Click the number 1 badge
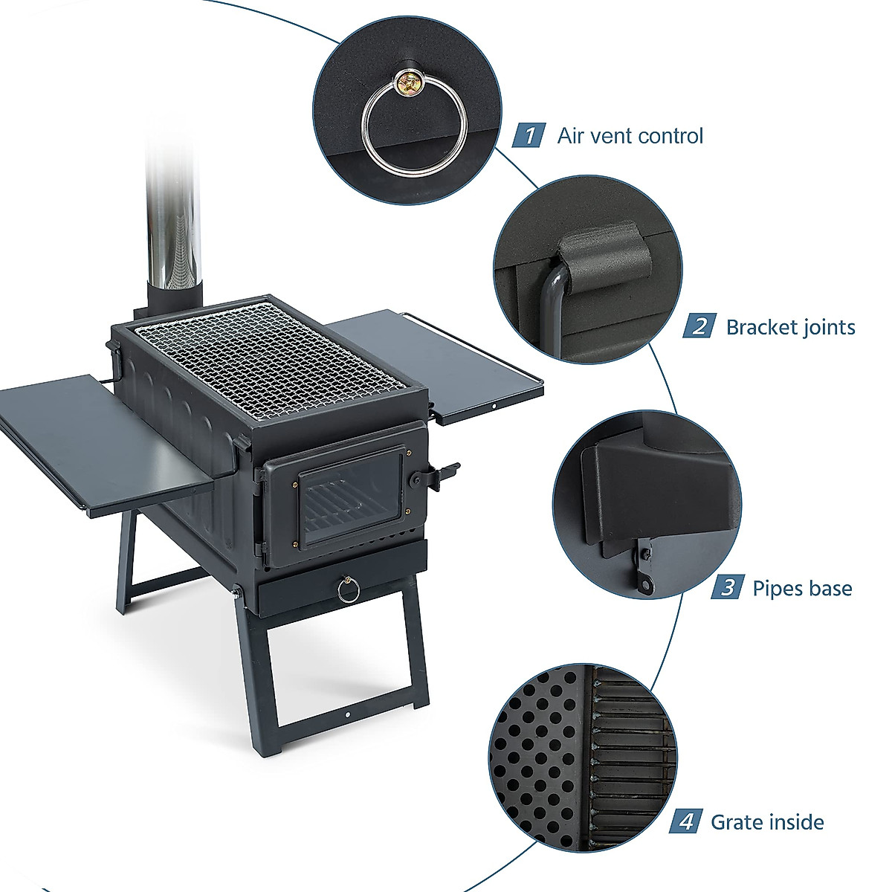click(x=529, y=135)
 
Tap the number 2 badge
click(x=699, y=327)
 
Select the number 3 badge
click(x=727, y=588)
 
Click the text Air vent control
click(x=630, y=136)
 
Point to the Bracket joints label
click(x=790, y=327)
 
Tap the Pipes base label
click(x=802, y=588)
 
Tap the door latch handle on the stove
click(x=447, y=474)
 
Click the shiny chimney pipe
click(x=172, y=223)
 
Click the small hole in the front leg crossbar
click(x=347, y=716)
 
